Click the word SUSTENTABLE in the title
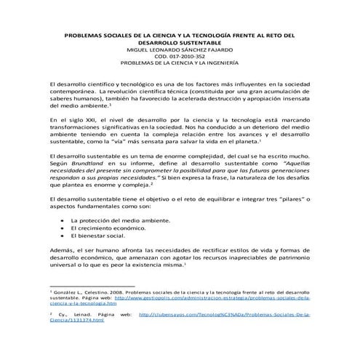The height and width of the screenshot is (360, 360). tap(201, 43)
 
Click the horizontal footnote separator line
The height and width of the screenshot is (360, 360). tap(95, 284)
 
